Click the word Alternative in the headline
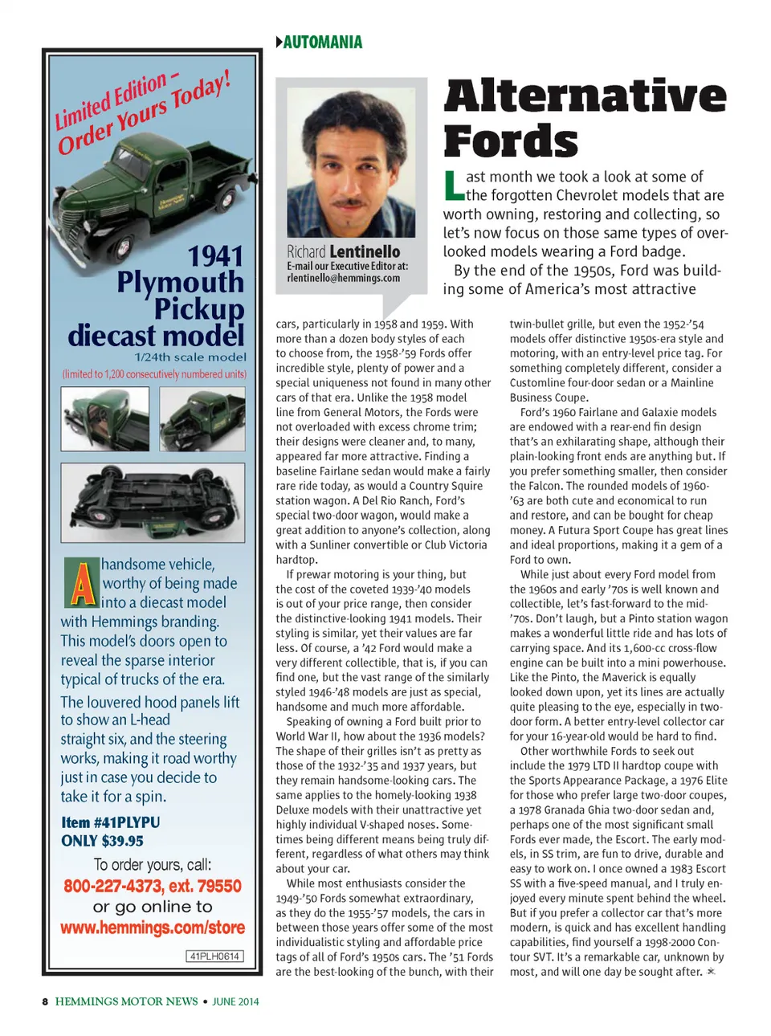click(585, 96)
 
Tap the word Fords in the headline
click(511, 141)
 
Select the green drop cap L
click(453, 186)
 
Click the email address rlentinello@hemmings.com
click(343, 278)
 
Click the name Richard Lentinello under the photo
click(343, 251)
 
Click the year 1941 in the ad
click(215, 256)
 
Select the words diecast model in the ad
click(156, 335)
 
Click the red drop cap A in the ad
click(81, 583)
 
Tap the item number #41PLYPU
click(111, 822)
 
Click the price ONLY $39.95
click(102, 841)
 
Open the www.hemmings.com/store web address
click(153, 928)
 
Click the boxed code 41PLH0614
click(214, 956)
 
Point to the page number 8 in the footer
click(45, 1001)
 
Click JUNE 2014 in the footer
click(235, 1001)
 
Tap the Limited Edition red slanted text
click(112, 101)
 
